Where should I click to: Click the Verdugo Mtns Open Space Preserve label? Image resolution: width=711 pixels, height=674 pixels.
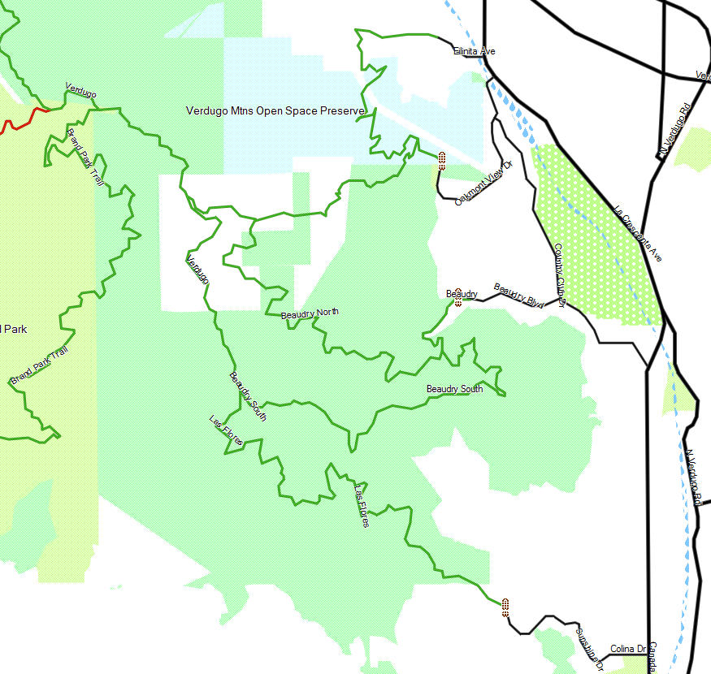[x=275, y=111]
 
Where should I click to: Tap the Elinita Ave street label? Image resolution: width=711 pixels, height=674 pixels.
[x=475, y=51]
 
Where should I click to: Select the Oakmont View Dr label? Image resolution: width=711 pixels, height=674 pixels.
[x=484, y=184]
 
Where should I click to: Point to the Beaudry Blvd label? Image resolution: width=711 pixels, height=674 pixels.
[x=518, y=296]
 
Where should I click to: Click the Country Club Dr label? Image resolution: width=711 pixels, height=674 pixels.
[x=559, y=275]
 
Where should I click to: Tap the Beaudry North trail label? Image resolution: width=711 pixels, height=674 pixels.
[x=310, y=313]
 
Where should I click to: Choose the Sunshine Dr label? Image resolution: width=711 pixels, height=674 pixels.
[x=589, y=648]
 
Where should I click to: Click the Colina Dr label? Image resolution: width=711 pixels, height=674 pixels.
[x=627, y=649]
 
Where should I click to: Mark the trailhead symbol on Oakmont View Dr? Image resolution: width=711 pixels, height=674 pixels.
[x=442, y=160]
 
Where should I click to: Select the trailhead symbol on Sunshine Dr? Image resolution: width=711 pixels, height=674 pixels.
[x=505, y=607]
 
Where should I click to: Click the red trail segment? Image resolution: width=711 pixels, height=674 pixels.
[x=24, y=117]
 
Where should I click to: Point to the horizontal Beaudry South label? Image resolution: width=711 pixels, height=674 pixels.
[x=454, y=389]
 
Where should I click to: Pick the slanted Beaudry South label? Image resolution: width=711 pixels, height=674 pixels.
[x=248, y=395]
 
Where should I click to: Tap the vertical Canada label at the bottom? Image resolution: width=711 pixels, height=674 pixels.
[x=652, y=658]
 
